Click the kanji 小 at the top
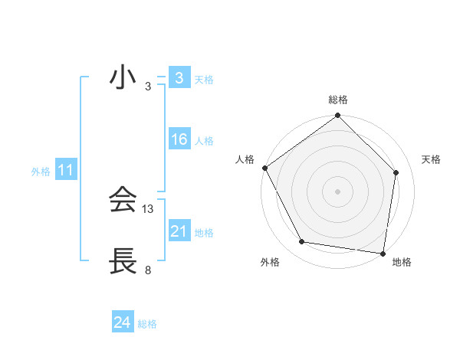[x=123, y=79]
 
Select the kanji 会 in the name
[x=123, y=201]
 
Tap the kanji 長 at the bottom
[x=123, y=262]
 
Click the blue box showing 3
[x=179, y=78]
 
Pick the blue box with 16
[x=179, y=139]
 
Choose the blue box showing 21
[x=179, y=231]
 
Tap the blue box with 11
[x=65, y=171]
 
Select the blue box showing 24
[x=123, y=323]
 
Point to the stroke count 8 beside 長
[x=148, y=270]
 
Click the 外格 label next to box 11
[x=41, y=172]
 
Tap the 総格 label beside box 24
[x=147, y=324]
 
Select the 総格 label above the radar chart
[x=338, y=100]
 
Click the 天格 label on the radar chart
[x=431, y=159]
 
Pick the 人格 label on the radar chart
[x=245, y=159]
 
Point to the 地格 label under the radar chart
[x=402, y=262]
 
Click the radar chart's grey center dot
[x=338, y=191]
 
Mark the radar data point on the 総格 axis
[x=338, y=116]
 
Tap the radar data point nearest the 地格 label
[x=383, y=253]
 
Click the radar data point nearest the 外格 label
[x=302, y=242]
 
